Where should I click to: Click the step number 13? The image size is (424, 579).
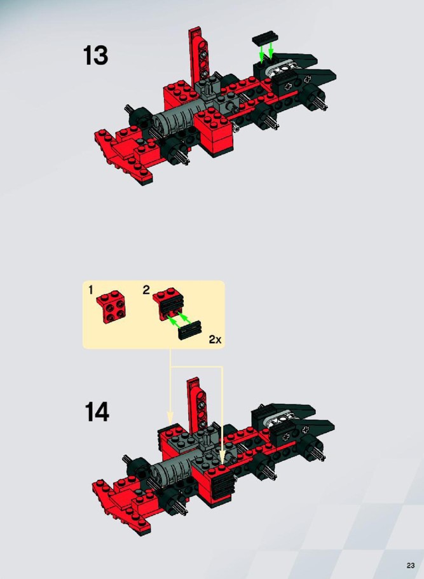click(x=95, y=56)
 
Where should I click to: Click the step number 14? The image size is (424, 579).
click(x=97, y=412)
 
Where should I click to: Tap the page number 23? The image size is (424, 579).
click(x=411, y=566)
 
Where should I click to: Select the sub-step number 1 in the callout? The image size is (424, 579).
click(x=90, y=290)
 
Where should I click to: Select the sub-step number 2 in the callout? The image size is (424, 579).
click(x=146, y=290)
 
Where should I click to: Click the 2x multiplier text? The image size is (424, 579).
click(x=215, y=339)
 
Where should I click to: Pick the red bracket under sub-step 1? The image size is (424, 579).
click(x=111, y=306)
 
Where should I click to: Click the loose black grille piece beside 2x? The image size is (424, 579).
click(x=190, y=330)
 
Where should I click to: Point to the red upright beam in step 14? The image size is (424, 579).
click(x=197, y=405)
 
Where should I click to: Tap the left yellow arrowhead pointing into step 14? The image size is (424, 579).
click(x=170, y=418)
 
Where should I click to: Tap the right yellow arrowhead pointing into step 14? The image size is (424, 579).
click(x=222, y=455)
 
